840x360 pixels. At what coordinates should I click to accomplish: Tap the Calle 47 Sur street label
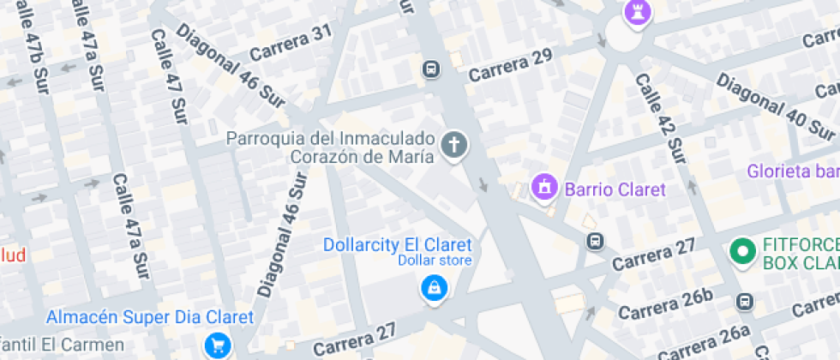169,77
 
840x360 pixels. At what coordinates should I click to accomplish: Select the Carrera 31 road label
290,44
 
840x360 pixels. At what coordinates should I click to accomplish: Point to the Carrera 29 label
509,65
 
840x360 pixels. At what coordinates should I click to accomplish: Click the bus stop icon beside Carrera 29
431,69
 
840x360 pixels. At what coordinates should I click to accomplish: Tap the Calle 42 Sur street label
660,117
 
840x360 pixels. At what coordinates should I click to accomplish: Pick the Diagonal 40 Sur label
775,107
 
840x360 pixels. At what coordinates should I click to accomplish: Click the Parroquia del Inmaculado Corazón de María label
333,147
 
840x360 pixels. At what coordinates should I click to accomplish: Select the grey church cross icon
454,145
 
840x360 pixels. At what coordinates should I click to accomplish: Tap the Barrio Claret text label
612,189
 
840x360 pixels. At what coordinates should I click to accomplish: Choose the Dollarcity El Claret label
397,244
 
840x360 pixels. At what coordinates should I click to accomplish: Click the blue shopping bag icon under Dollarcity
435,288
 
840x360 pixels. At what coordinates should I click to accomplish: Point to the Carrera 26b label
665,303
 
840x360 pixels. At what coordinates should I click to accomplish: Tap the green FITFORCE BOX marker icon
741,252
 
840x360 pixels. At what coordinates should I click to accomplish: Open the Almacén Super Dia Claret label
150,317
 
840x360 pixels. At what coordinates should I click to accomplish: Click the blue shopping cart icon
218,345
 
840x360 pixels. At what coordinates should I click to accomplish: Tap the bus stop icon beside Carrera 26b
745,302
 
